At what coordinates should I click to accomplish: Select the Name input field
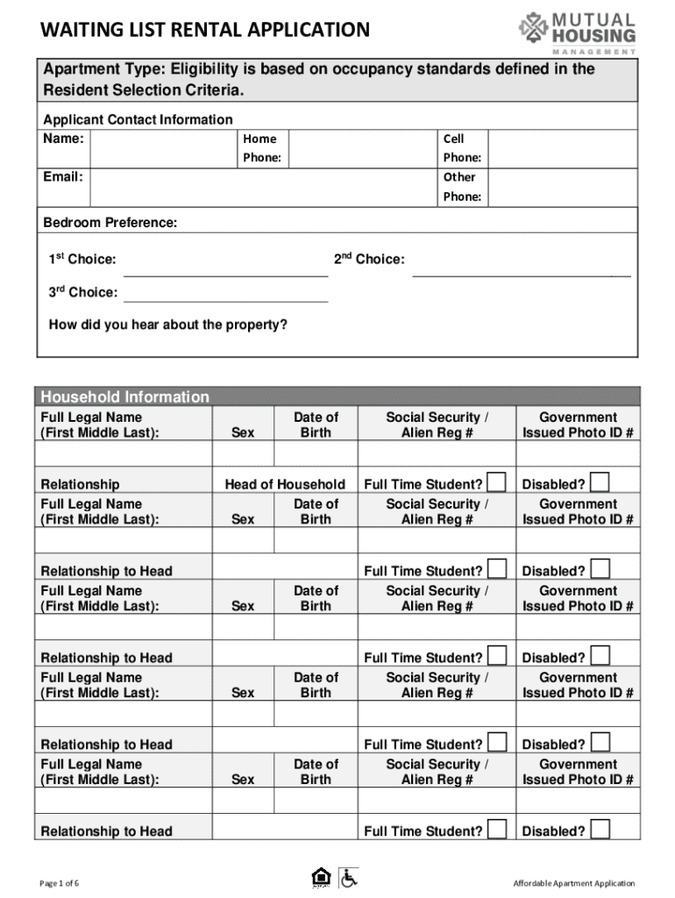(x=164, y=148)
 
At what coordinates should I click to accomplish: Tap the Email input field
(x=263, y=187)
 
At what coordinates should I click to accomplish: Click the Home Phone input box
(x=362, y=148)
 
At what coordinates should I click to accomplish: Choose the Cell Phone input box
(x=562, y=148)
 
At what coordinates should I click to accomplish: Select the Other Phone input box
(x=562, y=187)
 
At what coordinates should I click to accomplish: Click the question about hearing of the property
(x=167, y=325)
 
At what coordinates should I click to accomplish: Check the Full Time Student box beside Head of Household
(x=497, y=481)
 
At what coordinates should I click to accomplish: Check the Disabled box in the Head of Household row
(x=600, y=481)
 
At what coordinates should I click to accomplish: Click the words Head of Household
(x=285, y=484)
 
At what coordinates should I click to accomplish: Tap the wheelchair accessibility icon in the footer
(x=349, y=877)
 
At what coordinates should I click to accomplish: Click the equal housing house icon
(x=322, y=877)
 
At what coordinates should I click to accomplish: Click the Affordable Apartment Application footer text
(x=574, y=883)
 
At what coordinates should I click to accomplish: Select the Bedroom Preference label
(x=110, y=224)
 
